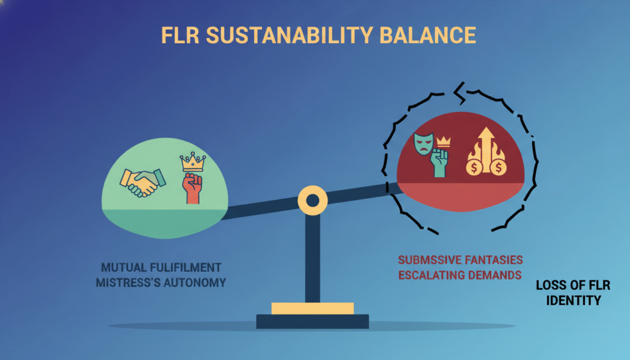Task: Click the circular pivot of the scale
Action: (x=312, y=201)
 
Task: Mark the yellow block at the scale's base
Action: (x=312, y=308)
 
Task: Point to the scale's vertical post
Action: (x=312, y=258)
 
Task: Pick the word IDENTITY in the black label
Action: (x=568, y=301)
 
